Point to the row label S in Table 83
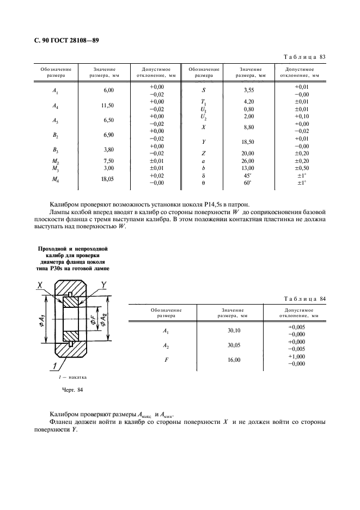(204, 90)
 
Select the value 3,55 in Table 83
(249, 90)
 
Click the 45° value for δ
(249, 175)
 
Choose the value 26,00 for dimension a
(249, 161)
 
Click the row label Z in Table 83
(204, 154)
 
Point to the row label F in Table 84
(166, 360)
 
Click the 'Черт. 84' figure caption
(71, 390)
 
